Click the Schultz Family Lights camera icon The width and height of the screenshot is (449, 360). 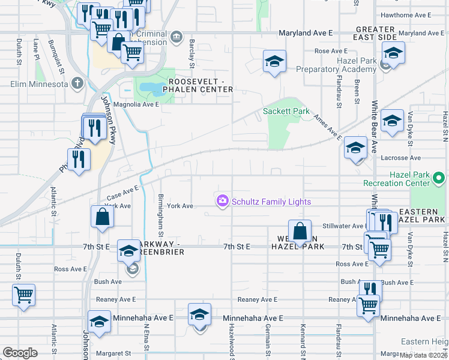[223, 200]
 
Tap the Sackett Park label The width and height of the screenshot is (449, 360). [286, 112]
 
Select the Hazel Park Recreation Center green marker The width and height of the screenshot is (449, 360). [438, 178]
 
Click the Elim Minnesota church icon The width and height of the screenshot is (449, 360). [76, 83]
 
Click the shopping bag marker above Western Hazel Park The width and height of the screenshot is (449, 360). [299, 232]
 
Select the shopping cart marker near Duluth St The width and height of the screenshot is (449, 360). [23, 296]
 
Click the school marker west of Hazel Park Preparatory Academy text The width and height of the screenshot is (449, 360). [274, 62]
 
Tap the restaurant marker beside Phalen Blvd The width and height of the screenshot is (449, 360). [79, 160]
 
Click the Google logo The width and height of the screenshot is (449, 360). [20, 353]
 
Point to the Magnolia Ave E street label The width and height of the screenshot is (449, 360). [136, 104]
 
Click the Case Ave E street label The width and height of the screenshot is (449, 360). [122, 193]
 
